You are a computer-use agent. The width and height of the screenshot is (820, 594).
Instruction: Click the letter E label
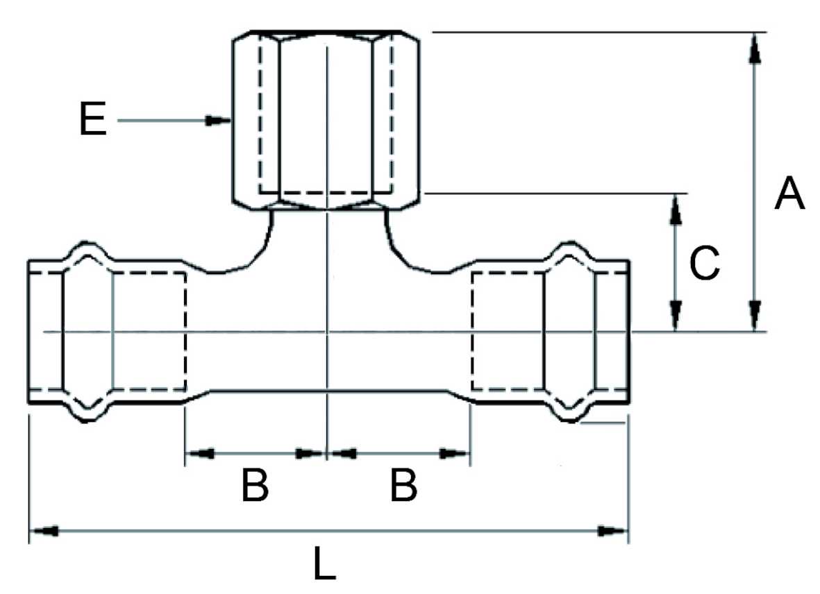tap(92, 121)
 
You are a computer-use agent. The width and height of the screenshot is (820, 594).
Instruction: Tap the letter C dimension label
tap(704, 264)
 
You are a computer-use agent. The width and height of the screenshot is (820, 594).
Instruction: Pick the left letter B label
tap(254, 486)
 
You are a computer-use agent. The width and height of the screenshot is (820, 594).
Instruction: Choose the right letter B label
tap(403, 486)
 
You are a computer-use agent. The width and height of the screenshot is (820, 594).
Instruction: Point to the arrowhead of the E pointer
tap(219, 121)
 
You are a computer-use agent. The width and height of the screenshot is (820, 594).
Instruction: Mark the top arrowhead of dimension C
tap(673, 207)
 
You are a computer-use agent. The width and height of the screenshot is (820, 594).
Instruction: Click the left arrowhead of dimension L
tap(44, 532)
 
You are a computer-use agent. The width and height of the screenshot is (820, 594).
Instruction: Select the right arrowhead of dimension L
tap(612, 532)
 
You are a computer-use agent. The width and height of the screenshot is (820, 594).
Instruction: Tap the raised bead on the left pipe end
tap(87, 254)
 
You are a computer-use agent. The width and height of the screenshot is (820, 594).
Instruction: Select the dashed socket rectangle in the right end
tap(507, 331)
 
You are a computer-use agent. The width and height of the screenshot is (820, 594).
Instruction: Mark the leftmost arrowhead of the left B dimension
tap(200, 454)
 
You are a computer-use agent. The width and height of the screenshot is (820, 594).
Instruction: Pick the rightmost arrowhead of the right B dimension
tap(455, 454)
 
